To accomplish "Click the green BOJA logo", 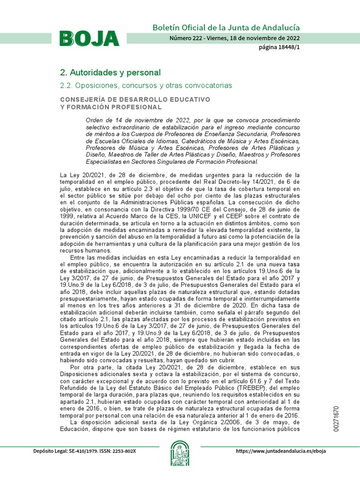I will (89, 38).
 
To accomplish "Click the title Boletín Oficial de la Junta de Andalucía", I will (226, 28).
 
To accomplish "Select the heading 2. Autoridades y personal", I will (110, 73).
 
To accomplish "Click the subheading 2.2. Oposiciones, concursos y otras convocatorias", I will (146, 86).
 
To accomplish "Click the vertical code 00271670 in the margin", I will (337, 419).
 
